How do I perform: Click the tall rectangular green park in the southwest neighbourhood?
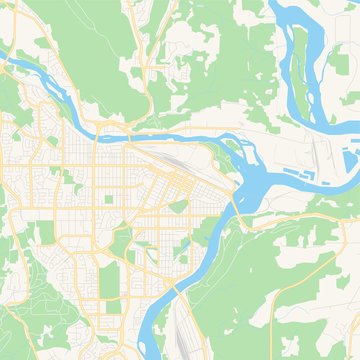109,280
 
